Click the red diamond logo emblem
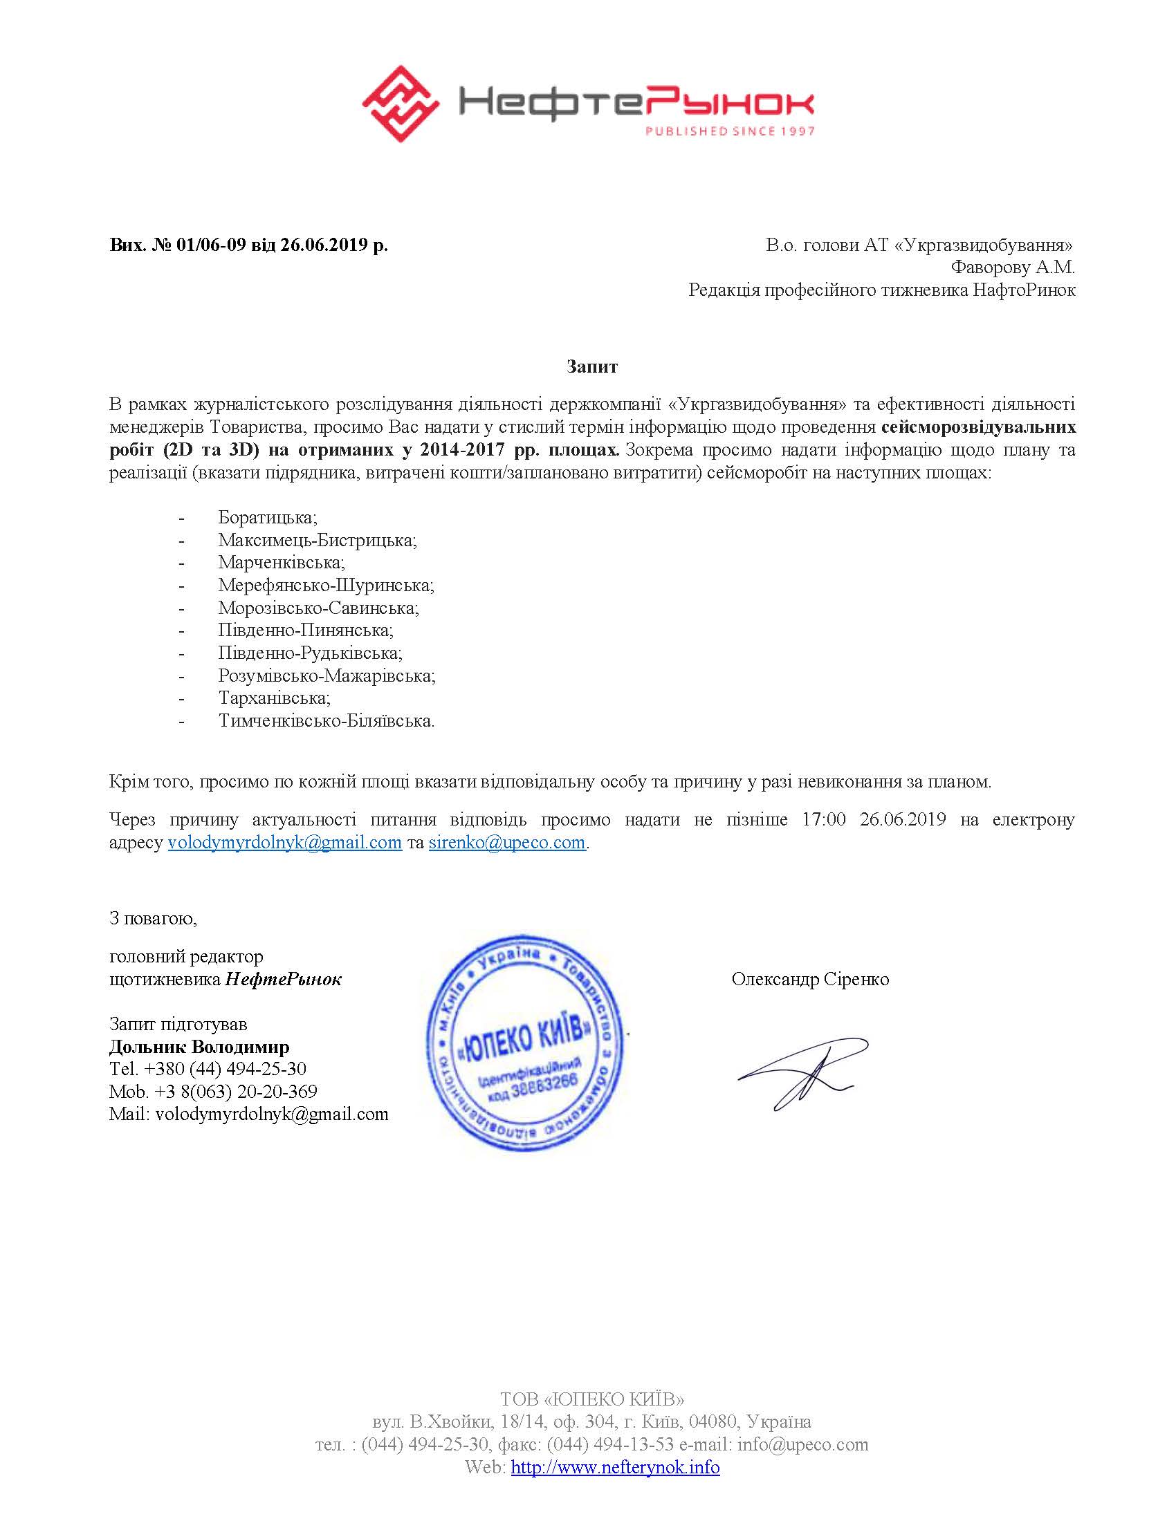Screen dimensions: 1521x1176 click(x=401, y=104)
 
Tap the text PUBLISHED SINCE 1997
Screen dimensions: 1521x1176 click(x=728, y=131)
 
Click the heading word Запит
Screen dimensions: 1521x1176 click(x=591, y=366)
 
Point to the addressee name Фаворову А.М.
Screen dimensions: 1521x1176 click(x=1013, y=268)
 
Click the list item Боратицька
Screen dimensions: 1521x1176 click(x=268, y=517)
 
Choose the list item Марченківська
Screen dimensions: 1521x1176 click(x=282, y=562)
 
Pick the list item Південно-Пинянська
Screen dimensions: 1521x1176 click(x=306, y=631)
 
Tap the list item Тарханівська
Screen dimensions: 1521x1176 click(x=275, y=698)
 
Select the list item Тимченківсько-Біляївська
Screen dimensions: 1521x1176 click(x=326, y=721)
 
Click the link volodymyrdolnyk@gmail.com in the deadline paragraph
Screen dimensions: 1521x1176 click(x=285, y=843)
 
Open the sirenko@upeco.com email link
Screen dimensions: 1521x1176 click(x=506, y=843)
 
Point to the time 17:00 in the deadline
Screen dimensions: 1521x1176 click(x=823, y=820)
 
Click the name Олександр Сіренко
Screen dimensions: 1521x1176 click(x=810, y=979)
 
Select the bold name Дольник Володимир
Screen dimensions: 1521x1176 click(x=199, y=1047)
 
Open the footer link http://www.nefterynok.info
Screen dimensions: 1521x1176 click(x=615, y=1467)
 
